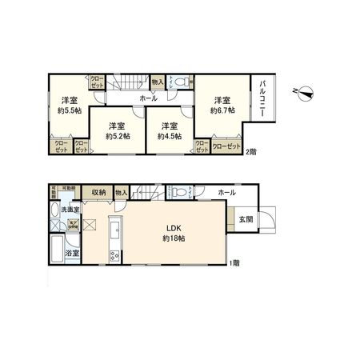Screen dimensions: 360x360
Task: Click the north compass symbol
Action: tap(304, 92)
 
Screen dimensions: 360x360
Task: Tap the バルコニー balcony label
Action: tap(263, 97)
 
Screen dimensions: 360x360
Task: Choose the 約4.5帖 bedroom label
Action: tap(168, 136)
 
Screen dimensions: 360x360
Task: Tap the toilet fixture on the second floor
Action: tap(181, 80)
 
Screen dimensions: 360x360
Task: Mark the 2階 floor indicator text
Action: tap(251, 152)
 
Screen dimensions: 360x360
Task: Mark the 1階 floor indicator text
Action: tap(233, 262)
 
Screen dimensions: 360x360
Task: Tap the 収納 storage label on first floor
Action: tap(98, 192)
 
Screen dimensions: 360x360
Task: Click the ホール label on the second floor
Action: tap(148, 98)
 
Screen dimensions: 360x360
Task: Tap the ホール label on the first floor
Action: tap(226, 193)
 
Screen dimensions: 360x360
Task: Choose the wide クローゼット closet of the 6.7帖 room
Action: tap(226, 146)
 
